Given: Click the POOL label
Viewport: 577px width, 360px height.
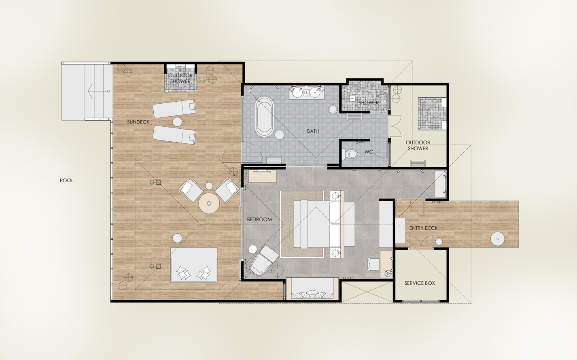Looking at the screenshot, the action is coord(66,181).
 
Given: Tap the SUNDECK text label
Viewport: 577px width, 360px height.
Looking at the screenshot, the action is coord(138,122).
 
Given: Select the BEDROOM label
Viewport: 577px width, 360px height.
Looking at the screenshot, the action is coord(259,219).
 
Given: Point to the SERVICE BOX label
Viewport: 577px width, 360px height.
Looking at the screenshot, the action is coord(420,283).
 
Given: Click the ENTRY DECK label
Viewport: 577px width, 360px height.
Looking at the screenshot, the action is coord(424,228).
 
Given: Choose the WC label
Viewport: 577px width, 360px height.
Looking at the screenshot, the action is coord(369,152).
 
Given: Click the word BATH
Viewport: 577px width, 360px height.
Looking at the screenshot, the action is coord(313,131).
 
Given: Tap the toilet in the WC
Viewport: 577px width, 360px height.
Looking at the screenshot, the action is coord(351,154).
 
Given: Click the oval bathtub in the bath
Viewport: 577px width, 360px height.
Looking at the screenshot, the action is coord(264,117).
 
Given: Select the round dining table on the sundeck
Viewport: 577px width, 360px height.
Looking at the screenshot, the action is coord(209,203).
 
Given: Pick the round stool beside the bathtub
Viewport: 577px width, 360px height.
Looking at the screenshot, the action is coord(279,134).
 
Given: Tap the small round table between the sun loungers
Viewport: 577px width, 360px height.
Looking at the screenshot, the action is coord(177,122).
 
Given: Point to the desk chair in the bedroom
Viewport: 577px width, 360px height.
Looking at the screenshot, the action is coord(373,264).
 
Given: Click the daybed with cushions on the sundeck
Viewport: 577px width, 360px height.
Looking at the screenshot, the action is coord(194,265).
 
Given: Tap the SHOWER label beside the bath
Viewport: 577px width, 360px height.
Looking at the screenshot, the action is coord(369,102).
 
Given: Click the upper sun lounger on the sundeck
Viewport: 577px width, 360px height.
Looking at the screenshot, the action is coord(174,109).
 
